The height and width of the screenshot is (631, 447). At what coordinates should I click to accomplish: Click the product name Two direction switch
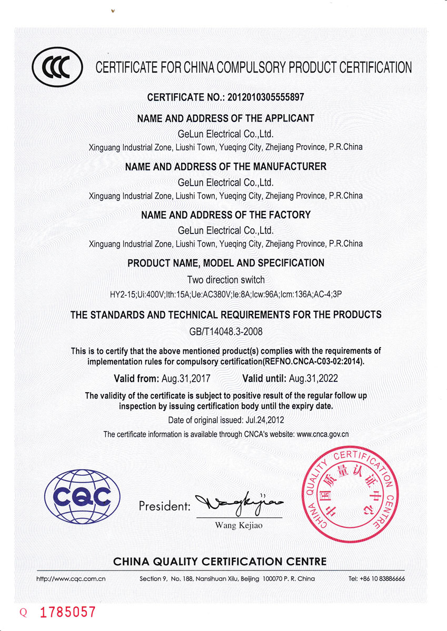coord(226,280)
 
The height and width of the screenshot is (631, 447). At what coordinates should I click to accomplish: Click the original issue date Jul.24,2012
coord(264,420)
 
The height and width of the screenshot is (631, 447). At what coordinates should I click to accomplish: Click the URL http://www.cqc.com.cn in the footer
coord(71,578)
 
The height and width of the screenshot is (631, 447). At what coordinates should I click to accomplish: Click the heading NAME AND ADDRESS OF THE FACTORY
coord(226,215)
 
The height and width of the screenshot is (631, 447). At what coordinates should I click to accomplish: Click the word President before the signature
coord(164,507)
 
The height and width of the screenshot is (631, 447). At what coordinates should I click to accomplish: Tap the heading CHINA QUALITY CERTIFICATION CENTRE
coord(220,562)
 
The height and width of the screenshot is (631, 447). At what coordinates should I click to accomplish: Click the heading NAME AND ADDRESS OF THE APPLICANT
coord(226,118)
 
